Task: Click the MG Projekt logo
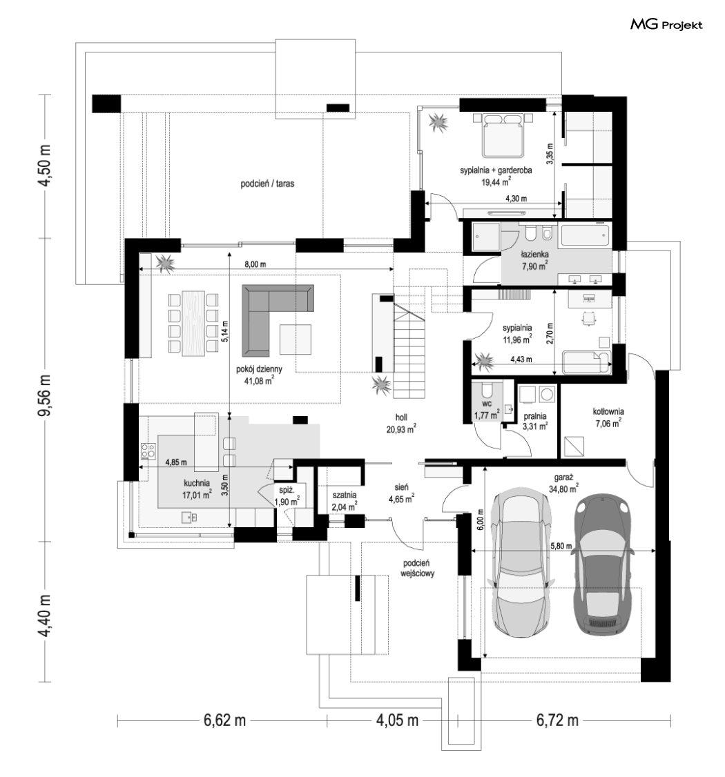tap(666, 24)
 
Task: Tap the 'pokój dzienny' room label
tap(259, 368)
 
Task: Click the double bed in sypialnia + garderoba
tap(503, 135)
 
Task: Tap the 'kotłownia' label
tap(608, 411)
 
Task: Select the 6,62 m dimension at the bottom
tap(224, 720)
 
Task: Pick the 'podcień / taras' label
tap(267, 184)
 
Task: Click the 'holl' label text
tap(401, 417)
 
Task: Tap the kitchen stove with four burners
tap(148, 451)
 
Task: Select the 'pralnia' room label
tap(534, 416)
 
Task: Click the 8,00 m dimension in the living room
tap(255, 264)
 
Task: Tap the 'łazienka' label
tap(534, 254)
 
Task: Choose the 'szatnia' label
tap(344, 495)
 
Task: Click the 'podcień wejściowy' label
tap(417, 569)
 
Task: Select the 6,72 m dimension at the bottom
tap(557, 720)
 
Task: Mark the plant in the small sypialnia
tap(484, 361)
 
